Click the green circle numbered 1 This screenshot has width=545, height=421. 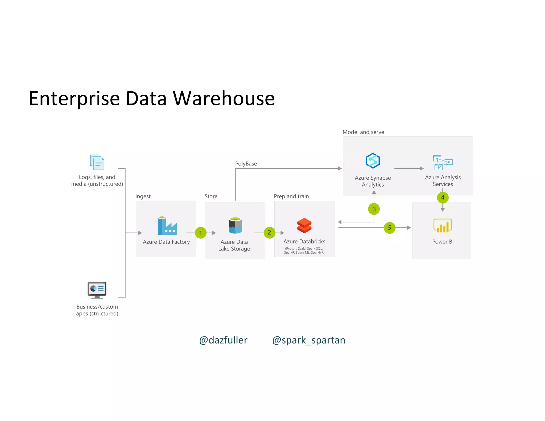pyautogui.click(x=201, y=233)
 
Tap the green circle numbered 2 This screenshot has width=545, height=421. pyautogui.click(x=270, y=233)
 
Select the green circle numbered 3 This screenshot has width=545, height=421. pyautogui.click(x=374, y=209)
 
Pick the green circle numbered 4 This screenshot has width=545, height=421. pyautogui.click(x=443, y=197)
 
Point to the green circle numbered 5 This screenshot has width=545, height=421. pyautogui.click(x=390, y=228)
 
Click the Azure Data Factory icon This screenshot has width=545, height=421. pyautogui.click(x=167, y=226)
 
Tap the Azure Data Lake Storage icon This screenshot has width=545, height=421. pyautogui.click(x=235, y=225)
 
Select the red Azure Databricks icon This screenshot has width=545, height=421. pyautogui.click(x=304, y=225)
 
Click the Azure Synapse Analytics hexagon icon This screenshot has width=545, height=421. pyautogui.click(x=373, y=161)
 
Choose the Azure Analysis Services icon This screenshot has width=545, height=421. pyautogui.click(x=443, y=163)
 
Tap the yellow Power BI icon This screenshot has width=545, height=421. pyautogui.click(x=443, y=226)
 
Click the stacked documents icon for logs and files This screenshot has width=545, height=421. pyautogui.click(x=97, y=162)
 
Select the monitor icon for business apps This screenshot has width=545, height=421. pyautogui.click(x=97, y=290)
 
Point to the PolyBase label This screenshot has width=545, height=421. pyautogui.click(x=246, y=164)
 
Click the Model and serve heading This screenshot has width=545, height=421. pyautogui.click(x=363, y=132)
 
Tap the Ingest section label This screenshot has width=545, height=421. pyautogui.click(x=143, y=196)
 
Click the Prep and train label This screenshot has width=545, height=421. pyautogui.click(x=291, y=196)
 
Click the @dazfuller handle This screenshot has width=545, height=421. pyautogui.click(x=223, y=340)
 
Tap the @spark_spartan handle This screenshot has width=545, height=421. pyautogui.click(x=309, y=340)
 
